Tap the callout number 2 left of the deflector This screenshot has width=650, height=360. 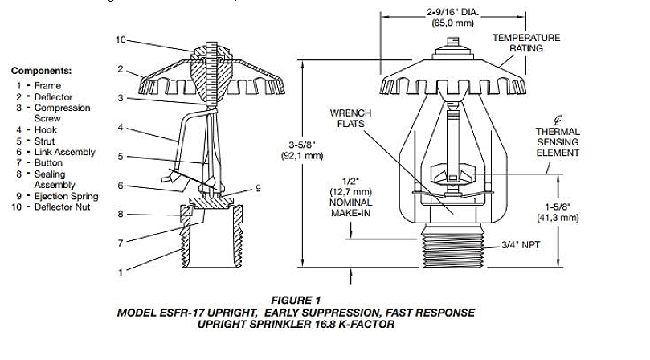[x=120, y=69]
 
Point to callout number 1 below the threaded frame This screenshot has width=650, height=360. [x=121, y=272]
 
